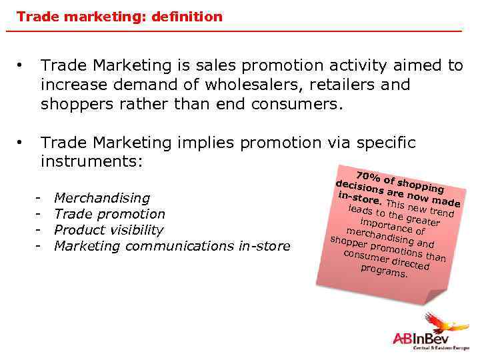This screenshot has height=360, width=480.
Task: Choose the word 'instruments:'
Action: pos(92,162)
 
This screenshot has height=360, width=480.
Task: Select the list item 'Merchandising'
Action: pos(101,198)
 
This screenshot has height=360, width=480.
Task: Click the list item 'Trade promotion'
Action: pos(109,214)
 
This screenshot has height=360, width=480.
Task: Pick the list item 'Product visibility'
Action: pos(108,230)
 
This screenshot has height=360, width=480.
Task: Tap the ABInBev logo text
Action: pos(420,339)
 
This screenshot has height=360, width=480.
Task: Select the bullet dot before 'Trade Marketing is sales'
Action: pos(23,65)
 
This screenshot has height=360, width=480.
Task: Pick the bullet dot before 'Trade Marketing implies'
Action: pos(23,143)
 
